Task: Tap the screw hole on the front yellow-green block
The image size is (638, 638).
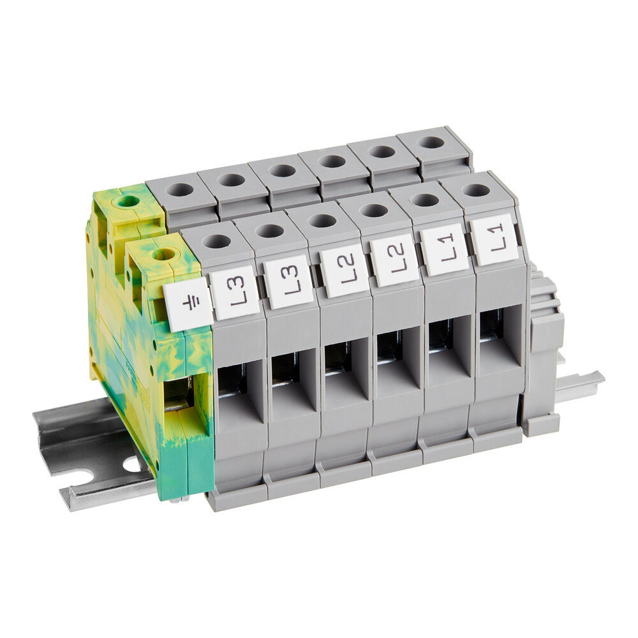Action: click(164, 255)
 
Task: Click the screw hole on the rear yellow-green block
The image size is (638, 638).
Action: click(128, 202)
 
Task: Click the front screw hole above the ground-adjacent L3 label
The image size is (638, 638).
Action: click(218, 241)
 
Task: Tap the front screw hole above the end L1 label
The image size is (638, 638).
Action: click(475, 189)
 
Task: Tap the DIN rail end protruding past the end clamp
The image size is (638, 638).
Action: click(581, 385)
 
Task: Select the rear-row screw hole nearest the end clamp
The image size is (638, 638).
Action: click(431, 142)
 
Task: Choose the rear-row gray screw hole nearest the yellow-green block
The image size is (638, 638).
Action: click(181, 189)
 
